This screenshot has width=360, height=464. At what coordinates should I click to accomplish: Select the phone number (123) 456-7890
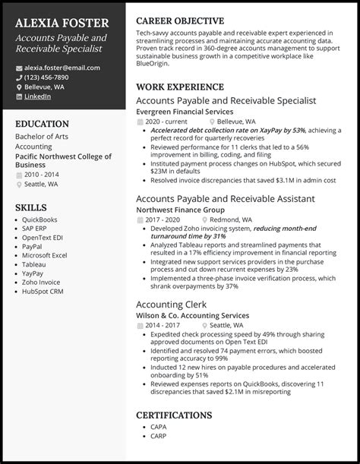pos(47,77)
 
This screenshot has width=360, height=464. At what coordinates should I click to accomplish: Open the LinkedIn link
pos(38,96)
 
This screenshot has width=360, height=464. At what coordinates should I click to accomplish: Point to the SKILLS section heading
pos(30,207)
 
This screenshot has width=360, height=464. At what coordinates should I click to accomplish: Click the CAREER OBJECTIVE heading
pos(179,21)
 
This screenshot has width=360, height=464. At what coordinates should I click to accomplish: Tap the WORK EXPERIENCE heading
pos(179,87)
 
